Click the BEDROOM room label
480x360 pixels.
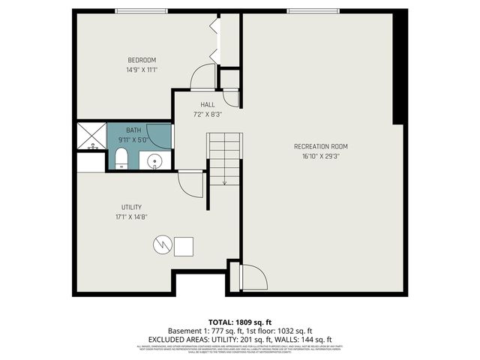(x=142, y=60)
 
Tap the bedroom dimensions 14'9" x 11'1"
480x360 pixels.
(x=142, y=70)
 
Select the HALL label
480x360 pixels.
(x=208, y=104)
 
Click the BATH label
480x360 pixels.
(x=133, y=130)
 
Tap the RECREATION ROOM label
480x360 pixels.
(x=320, y=146)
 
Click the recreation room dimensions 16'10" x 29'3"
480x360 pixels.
(x=320, y=157)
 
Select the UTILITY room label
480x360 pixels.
(x=132, y=207)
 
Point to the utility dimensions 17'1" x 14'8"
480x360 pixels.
(x=131, y=217)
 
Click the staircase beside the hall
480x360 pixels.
(x=225, y=158)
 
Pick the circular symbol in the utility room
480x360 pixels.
(x=162, y=244)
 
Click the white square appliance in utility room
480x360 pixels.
(x=184, y=245)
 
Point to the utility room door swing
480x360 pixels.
(x=190, y=184)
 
